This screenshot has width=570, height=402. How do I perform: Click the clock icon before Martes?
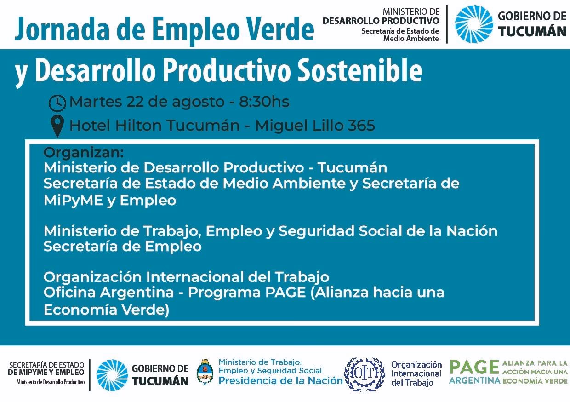pyautogui.click(x=57, y=103)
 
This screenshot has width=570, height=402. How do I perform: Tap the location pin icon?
pyautogui.click(x=57, y=126)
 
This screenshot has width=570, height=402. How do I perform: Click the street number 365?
pyautogui.click(x=361, y=125)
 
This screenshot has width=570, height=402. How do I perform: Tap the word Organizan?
pyautogui.click(x=84, y=152)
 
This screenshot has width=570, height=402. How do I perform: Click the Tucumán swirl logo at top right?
pyautogui.click(x=473, y=24)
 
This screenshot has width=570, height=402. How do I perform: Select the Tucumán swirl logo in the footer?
pyautogui.click(x=112, y=374)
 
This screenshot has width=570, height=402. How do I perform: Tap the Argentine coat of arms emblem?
pyautogui.click(x=205, y=372)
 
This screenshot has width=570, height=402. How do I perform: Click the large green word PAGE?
pyautogui.click(x=474, y=367)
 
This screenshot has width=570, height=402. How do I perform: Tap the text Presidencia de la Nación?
pyautogui.click(x=280, y=381)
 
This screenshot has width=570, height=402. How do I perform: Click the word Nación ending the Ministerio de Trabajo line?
pyautogui.click(x=475, y=231)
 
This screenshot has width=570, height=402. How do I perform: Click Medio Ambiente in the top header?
pyautogui.click(x=411, y=39)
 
